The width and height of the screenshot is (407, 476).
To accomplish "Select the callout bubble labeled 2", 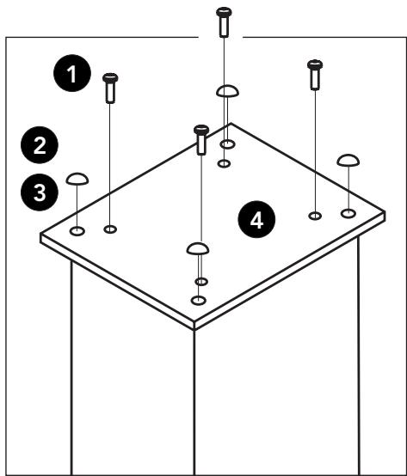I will (x=40, y=143).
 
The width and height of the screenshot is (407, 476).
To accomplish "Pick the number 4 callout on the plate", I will (x=256, y=220).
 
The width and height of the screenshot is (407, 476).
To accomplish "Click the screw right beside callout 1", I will (x=110, y=88).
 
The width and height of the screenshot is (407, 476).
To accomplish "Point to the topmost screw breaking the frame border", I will (x=224, y=21).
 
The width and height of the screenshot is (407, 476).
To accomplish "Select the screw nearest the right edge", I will (x=315, y=74).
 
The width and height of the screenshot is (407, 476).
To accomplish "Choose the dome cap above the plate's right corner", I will (x=348, y=160).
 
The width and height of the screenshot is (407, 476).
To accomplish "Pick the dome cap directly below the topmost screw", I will (x=226, y=91).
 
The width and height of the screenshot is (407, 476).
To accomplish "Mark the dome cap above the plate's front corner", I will (x=199, y=249).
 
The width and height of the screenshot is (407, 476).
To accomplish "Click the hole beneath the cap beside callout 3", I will (x=77, y=230).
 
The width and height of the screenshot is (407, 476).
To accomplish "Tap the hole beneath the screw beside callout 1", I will (x=110, y=229).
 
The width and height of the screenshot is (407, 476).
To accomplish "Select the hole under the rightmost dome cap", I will (x=348, y=212).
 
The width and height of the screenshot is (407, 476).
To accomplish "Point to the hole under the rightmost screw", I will (x=315, y=215).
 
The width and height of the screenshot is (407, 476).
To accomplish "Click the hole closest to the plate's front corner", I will (x=199, y=300).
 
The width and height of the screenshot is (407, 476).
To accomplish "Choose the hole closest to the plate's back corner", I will (x=227, y=144).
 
